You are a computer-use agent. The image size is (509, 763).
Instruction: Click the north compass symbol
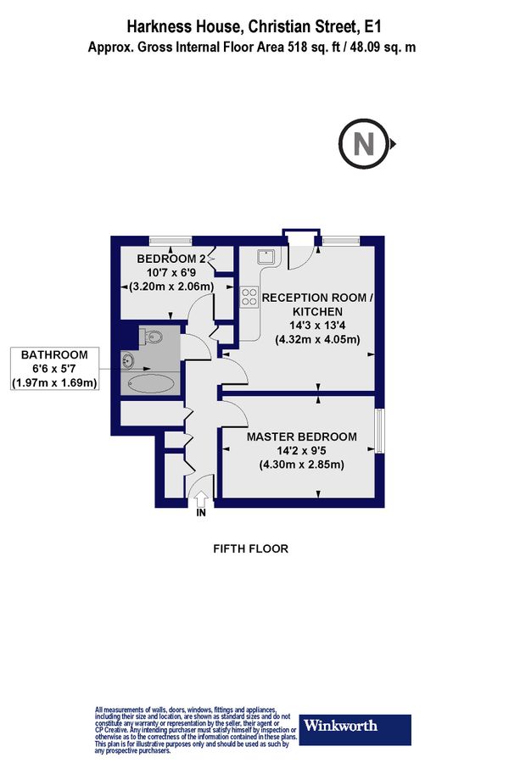click(364, 143)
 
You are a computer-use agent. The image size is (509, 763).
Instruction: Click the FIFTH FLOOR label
click(250, 549)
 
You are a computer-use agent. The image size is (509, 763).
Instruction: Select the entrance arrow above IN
click(200, 498)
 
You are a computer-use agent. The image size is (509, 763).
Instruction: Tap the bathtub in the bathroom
click(151, 384)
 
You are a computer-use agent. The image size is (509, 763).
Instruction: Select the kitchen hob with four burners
click(249, 296)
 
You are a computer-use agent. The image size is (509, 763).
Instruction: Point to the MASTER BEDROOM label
click(301, 437)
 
